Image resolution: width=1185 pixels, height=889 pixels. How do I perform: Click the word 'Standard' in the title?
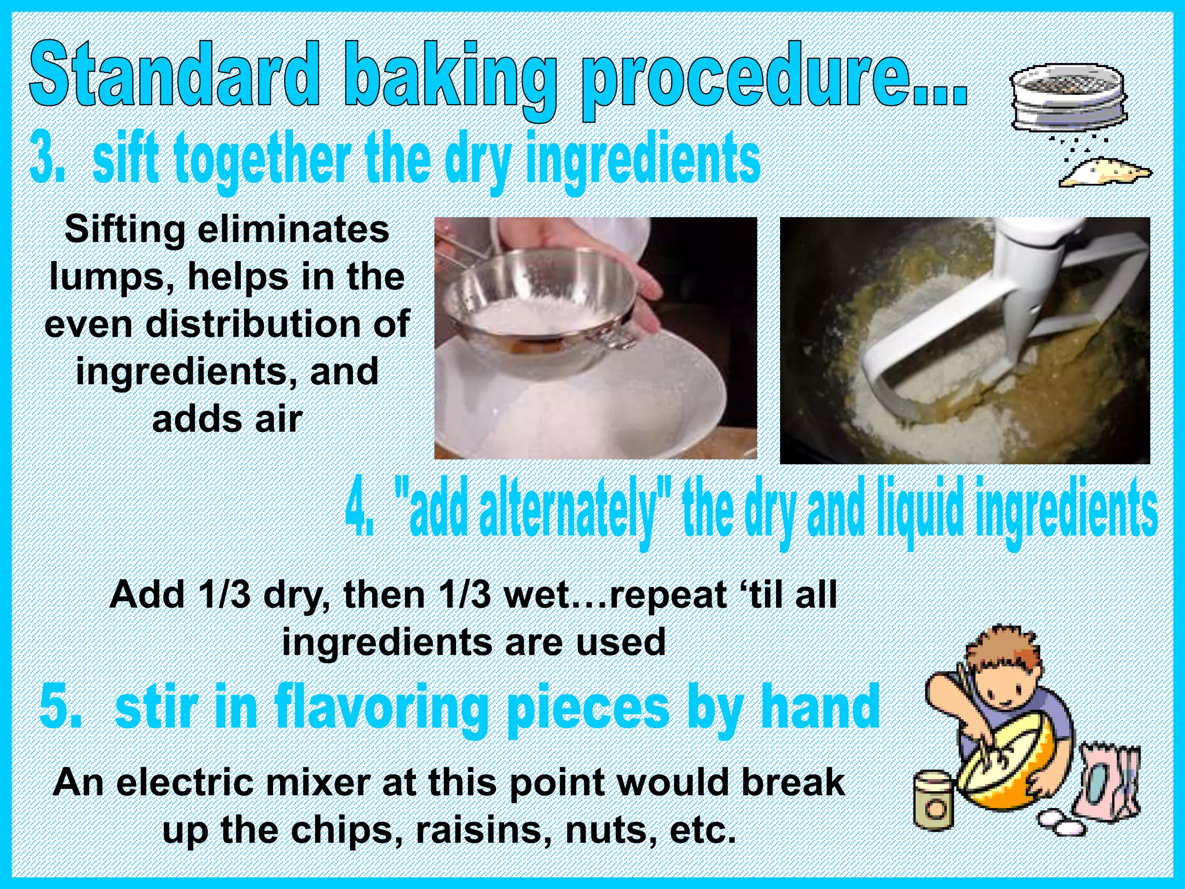tap(174, 75)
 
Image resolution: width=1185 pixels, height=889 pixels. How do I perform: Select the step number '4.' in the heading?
tap(359, 509)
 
